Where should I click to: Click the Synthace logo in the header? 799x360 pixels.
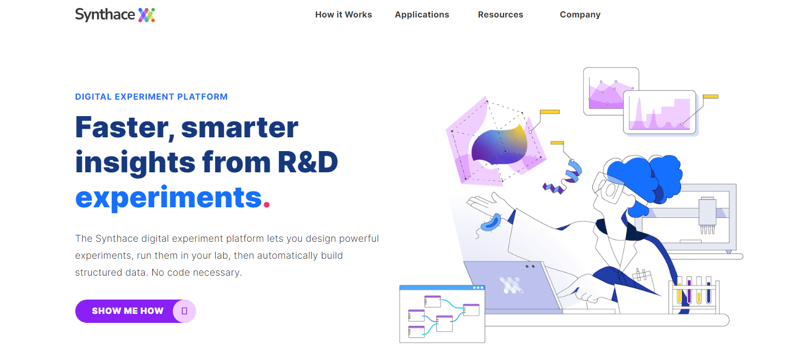click(x=115, y=15)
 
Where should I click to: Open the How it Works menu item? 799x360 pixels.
click(x=343, y=15)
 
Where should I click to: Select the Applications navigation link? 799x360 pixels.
click(x=422, y=15)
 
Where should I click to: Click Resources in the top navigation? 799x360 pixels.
click(x=501, y=15)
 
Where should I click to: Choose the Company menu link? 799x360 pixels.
click(x=580, y=15)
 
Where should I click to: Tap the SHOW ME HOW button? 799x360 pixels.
click(x=136, y=311)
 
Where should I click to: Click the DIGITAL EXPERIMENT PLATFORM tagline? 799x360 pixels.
click(x=151, y=96)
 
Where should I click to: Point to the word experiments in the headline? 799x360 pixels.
click(x=169, y=198)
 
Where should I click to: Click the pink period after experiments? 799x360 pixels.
click(x=267, y=205)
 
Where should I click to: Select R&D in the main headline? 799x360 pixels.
click(x=308, y=162)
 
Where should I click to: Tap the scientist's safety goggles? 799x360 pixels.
click(x=610, y=187)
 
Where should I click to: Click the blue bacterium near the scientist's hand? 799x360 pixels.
click(x=490, y=223)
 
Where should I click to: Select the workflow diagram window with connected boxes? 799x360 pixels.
click(x=442, y=314)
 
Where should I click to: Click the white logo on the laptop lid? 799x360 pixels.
click(x=511, y=285)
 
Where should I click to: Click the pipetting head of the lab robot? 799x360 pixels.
click(x=707, y=215)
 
